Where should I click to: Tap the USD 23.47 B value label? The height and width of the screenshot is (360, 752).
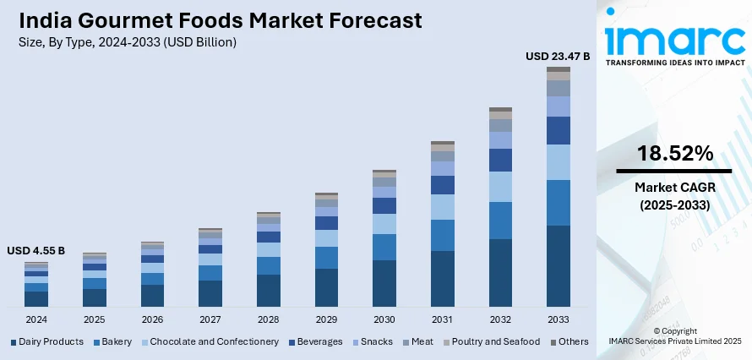coord(558,57)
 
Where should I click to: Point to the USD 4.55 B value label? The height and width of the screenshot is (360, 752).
coord(35,251)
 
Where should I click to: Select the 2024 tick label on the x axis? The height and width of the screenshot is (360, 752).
coord(36,320)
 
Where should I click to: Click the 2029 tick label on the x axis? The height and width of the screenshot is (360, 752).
coord(326,320)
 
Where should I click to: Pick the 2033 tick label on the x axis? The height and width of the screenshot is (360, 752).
coord(559,320)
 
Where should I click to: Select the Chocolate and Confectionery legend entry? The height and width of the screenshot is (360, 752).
coord(214,342)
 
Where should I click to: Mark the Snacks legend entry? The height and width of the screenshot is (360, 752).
coord(376,342)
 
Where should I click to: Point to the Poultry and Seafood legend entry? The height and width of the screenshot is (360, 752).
coord(495,342)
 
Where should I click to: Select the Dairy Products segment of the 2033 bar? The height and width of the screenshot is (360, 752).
coord(559,265)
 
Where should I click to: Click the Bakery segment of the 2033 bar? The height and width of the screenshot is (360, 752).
coord(559,203)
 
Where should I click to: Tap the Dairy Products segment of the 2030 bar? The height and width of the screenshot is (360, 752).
coord(384,282)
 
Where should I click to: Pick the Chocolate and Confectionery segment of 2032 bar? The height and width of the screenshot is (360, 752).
coord(500,187)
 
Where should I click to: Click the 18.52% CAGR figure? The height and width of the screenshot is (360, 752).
coord(675,153)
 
